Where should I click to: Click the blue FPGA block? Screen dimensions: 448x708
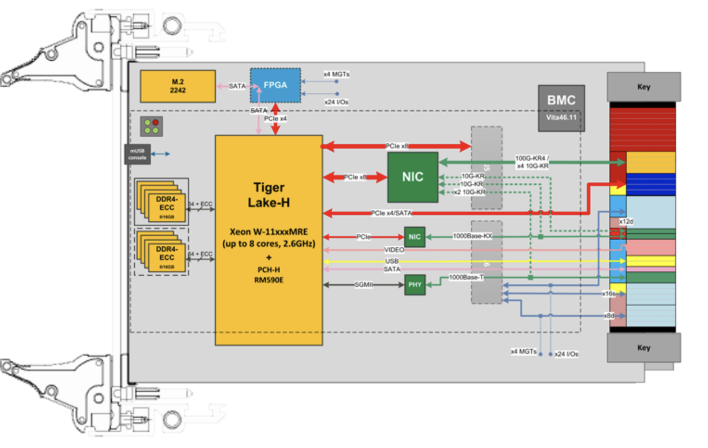(x=276, y=85)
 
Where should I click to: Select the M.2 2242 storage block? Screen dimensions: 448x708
(x=178, y=86)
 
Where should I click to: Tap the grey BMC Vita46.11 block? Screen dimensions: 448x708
(x=561, y=108)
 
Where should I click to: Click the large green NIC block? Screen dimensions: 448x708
(x=412, y=177)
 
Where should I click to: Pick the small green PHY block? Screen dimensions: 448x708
(x=415, y=285)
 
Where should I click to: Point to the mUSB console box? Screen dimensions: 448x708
(x=137, y=154)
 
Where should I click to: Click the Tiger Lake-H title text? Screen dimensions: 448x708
(x=269, y=195)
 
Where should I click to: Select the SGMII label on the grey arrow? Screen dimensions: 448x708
(x=363, y=285)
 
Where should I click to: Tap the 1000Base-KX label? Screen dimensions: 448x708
(x=472, y=236)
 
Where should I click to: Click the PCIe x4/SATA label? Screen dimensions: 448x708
(x=391, y=213)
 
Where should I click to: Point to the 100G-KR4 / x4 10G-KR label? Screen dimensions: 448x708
(x=532, y=162)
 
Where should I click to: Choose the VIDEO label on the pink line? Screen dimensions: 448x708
(x=394, y=250)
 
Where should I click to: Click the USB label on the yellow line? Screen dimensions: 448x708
(x=392, y=261)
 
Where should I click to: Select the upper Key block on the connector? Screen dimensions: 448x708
(x=644, y=87)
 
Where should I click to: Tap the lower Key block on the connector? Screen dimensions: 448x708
(x=644, y=348)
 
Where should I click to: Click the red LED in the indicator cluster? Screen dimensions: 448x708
(x=155, y=122)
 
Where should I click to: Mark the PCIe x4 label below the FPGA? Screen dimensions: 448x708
(x=276, y=119)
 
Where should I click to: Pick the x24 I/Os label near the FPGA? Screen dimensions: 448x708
(x=336, y=102)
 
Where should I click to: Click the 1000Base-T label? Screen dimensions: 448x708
(x=466, y=277)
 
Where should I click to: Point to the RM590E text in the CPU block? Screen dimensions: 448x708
(x=269, y=280)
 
